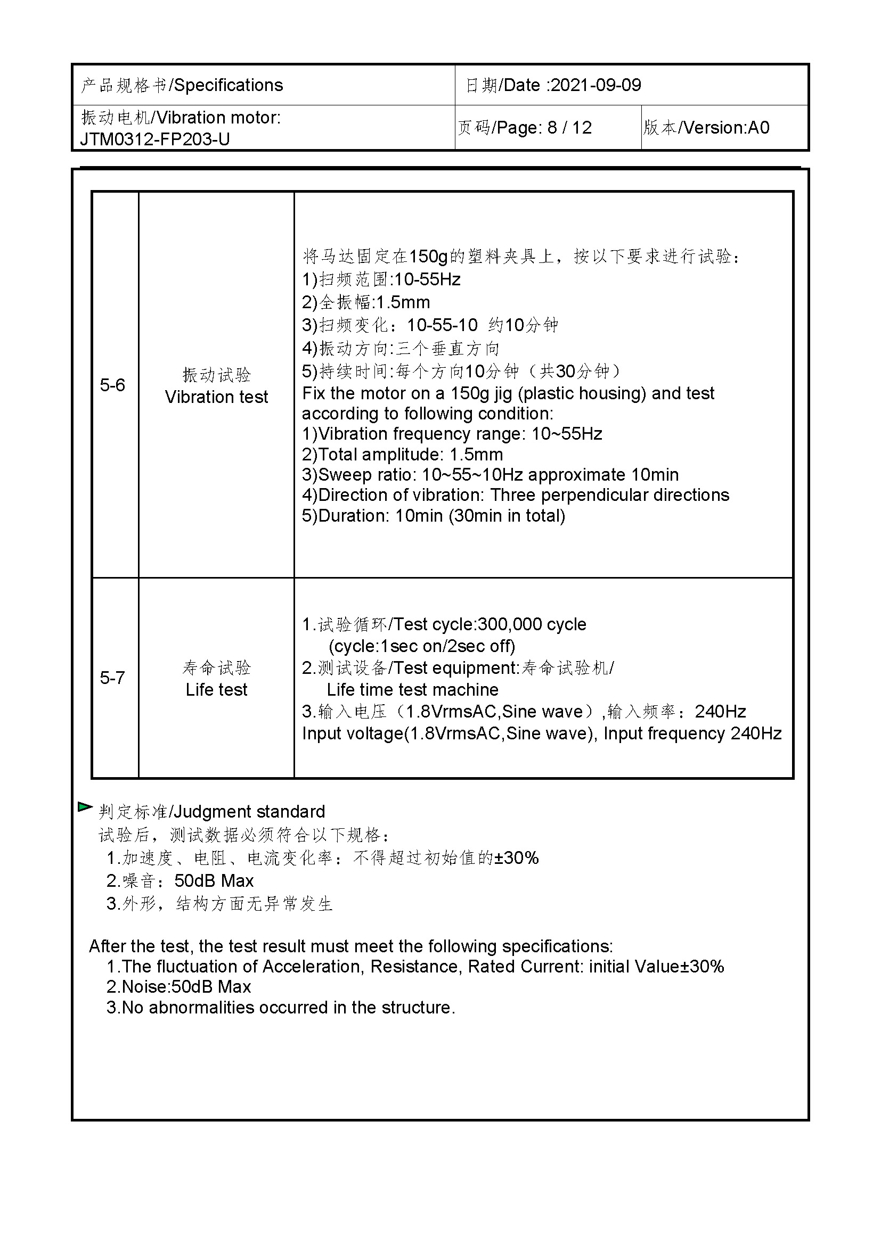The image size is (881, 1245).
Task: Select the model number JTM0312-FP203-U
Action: point(154,139)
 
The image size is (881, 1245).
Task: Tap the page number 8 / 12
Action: point(569,128)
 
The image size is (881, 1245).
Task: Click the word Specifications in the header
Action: point(229,85)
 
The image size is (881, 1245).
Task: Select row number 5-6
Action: point(112,385)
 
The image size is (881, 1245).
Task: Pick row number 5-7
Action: point(112,678)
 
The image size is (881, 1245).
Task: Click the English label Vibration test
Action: point(216,397)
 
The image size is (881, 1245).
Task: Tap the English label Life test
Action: point(216,690)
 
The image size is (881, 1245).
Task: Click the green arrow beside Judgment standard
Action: point(85,807)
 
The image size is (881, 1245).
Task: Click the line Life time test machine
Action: point(412,690)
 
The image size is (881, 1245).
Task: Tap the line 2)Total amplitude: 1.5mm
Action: point(402,455)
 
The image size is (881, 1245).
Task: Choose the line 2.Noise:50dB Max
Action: point(178,987)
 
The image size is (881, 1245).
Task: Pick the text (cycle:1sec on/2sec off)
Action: point(421,646)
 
